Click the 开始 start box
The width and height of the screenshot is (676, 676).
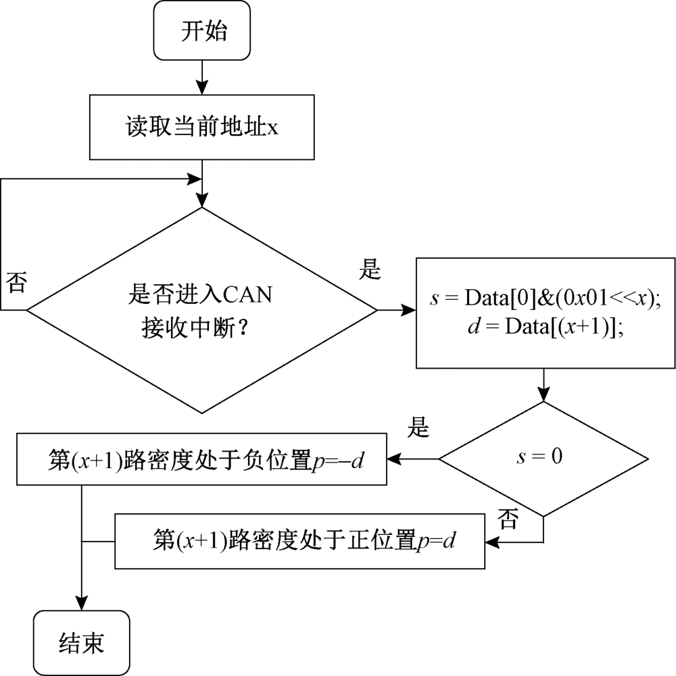202,31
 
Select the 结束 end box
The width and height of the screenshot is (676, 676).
81,642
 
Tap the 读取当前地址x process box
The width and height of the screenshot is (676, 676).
202,126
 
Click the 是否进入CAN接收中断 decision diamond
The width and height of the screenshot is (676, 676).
202,311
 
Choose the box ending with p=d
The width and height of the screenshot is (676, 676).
300,541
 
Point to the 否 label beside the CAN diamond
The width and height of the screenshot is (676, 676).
16,282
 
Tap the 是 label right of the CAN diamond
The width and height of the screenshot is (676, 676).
370,269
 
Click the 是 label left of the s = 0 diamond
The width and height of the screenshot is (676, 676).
419,427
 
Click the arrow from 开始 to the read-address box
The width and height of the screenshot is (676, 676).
202,76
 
